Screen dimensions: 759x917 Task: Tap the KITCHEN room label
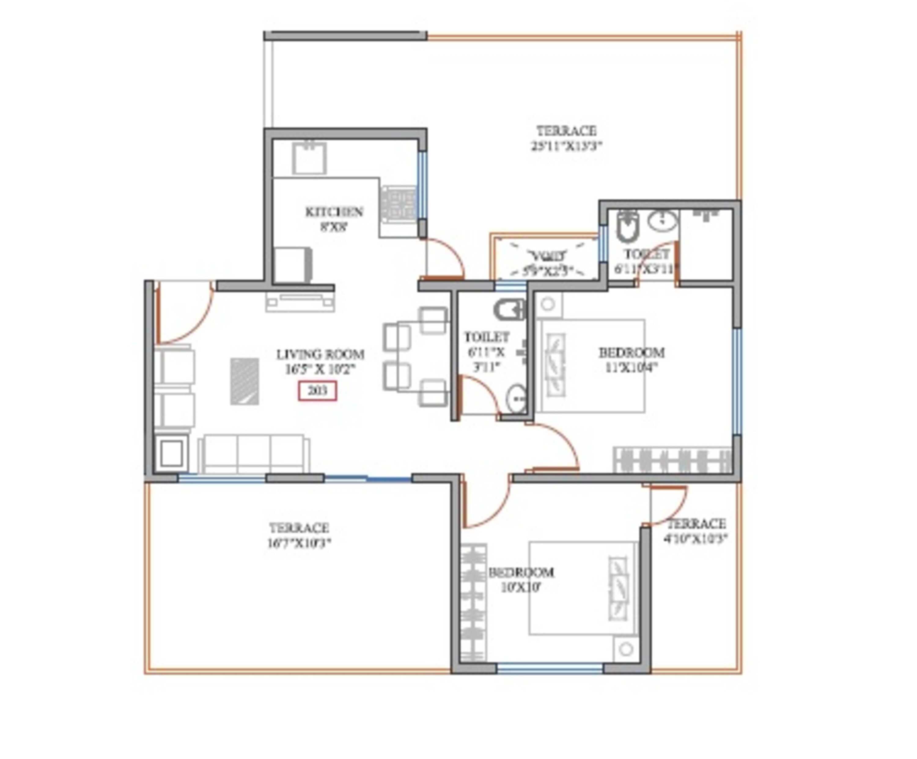point(334,212)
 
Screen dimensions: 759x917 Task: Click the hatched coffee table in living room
point(245,381)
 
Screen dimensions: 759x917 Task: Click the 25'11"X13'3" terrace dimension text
point(566,146)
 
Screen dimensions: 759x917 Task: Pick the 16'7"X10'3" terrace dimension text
point(299,543)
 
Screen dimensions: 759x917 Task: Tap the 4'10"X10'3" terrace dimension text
point(696,538)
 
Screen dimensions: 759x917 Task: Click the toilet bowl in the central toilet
point(509,309)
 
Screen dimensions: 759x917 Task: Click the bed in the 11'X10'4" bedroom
point(592,366)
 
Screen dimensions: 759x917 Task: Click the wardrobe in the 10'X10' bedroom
point(474,603)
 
